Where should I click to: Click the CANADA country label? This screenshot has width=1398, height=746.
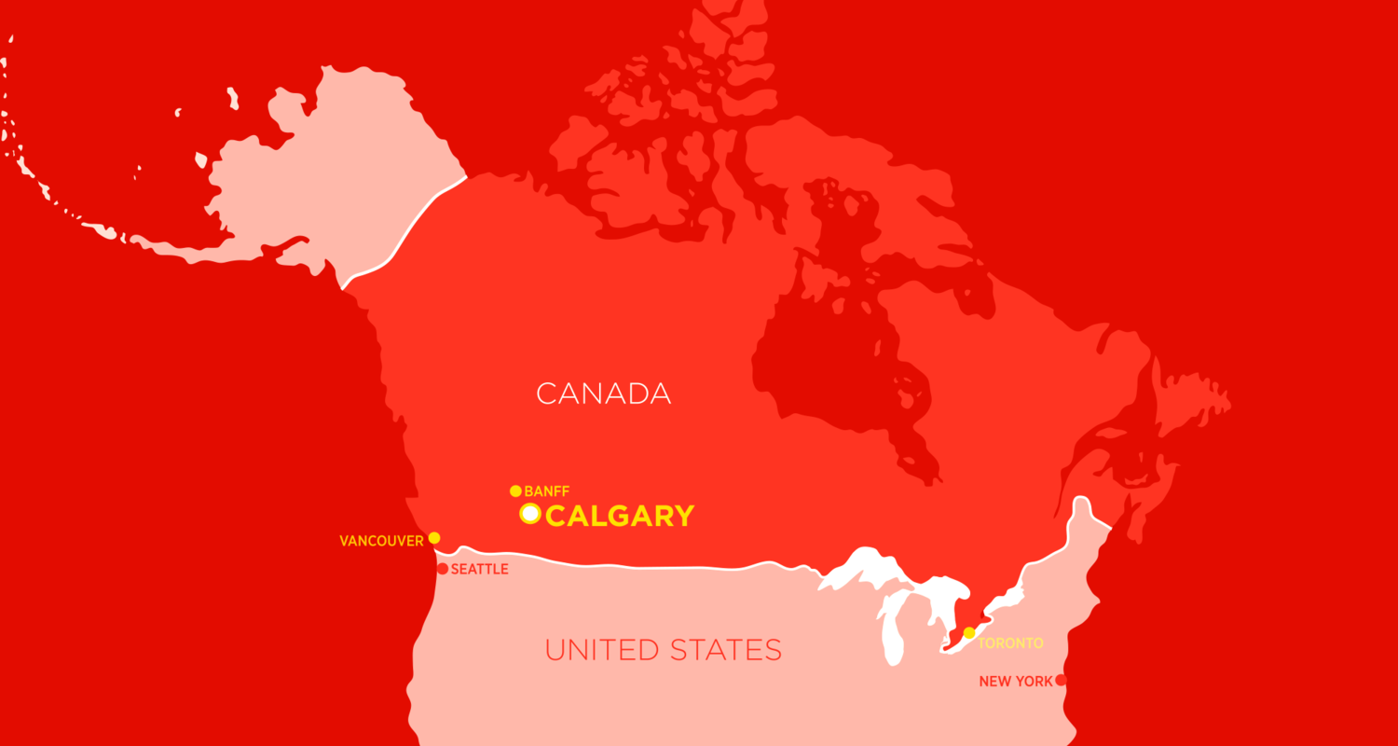pos(604,394)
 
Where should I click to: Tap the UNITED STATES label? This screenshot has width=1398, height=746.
pos(663,650)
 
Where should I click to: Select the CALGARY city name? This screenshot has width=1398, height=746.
pos(620,516)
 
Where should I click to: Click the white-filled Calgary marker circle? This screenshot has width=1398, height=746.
pos(530,514)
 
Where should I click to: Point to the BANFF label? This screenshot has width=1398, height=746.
pos(547,491)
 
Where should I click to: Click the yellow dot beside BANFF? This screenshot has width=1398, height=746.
pos(515,491)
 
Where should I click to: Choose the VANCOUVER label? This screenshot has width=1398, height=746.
pos(381,541)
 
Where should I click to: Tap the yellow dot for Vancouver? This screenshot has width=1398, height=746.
pos(433,538)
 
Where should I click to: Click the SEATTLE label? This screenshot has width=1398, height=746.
pos(479,570)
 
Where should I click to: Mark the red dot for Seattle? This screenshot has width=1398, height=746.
pos(443,569)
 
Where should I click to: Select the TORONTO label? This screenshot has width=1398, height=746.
pos(1010,643)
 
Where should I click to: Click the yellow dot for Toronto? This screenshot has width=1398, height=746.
pos(969,633)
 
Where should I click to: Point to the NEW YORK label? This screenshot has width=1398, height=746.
pos(1015,682)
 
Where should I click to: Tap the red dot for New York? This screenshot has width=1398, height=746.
pos(1060,680)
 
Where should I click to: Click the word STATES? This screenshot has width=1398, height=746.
pos(732,650)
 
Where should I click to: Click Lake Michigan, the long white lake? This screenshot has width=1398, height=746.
pos(891,634)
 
